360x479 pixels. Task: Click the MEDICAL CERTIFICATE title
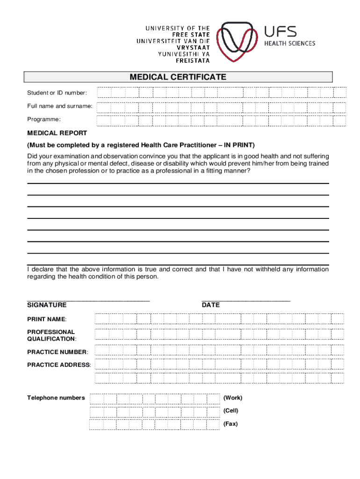tap(178, 77)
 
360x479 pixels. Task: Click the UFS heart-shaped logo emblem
tap(239, 42)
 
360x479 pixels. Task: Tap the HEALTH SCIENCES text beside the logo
tap(290, 44)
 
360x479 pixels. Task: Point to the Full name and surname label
tap(59, 106)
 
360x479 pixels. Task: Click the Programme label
tap(44, 120)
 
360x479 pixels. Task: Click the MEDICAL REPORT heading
tap(57, 133)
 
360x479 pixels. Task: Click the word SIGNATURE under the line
tap(47, 305)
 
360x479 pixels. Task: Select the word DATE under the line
tap(210, 305)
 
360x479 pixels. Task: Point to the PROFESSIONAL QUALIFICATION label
tap(51, 335)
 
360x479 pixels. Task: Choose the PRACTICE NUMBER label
tap(58, 352)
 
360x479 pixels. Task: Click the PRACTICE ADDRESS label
tap(59, 364)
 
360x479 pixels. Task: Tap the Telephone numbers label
tap(56, 398)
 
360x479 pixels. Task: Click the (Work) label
tap(232, 398)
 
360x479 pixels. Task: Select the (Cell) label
tap(230, 411)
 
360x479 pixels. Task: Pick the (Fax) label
tap(230, 424)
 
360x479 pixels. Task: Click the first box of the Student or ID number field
tap(104, 93)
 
